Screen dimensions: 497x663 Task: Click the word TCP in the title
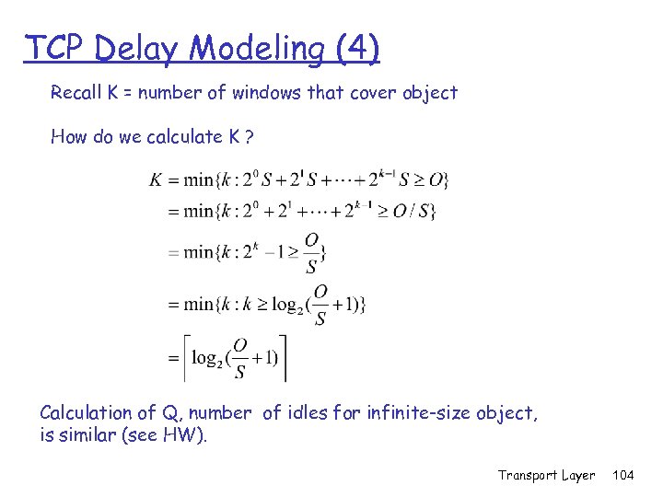pyautogui.click(x=54, y=47)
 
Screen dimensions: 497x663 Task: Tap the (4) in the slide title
pyautogui.click(x=354, y=48)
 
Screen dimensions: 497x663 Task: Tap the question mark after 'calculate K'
pyautogui.click(x=250, y=137)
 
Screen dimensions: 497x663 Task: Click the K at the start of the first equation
pyautogui.click(x=157, y=180)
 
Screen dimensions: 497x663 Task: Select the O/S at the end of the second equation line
pyautogui.click(x=415, y=211)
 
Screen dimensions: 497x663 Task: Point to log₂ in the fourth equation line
pyautogui.click(x=289, y=305)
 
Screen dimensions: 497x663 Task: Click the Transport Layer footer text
pyautogui.click(x=547, y=475)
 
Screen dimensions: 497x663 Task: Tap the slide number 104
pyautogui.click(x=623, y=475)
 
